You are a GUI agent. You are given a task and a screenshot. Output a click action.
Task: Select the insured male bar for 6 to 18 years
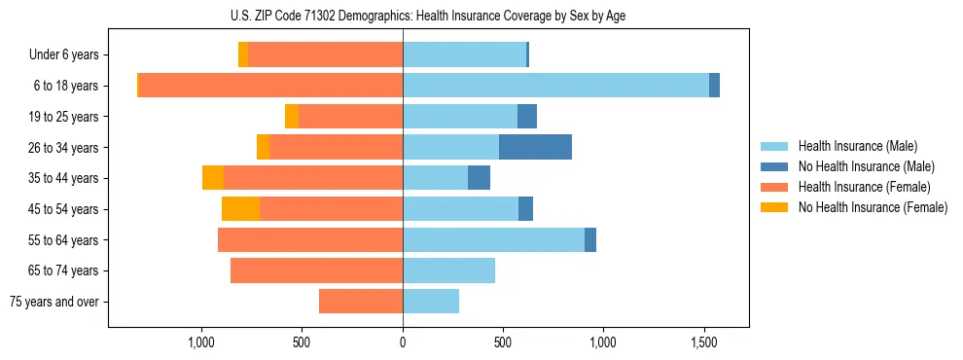tap(555, 86)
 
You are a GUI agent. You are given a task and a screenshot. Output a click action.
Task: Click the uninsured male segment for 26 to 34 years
tap(535, 147)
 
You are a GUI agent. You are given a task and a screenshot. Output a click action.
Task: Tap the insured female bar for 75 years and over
tap(361, 302)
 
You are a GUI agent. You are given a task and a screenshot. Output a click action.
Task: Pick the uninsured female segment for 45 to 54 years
tap(240, 209)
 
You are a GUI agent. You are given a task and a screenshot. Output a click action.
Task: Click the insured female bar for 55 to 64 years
tap(310, 240)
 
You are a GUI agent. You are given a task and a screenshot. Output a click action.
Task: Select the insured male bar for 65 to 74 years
tap(448, 270)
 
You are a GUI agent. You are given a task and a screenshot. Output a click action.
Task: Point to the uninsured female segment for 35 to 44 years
tap(213, 178)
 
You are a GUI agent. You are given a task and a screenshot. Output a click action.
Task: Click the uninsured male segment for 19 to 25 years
tap(527, 117)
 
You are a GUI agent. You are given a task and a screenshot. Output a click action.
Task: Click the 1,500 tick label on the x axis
tap(704, 343)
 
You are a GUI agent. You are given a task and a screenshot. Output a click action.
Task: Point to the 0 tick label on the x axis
tap(403, 343)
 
